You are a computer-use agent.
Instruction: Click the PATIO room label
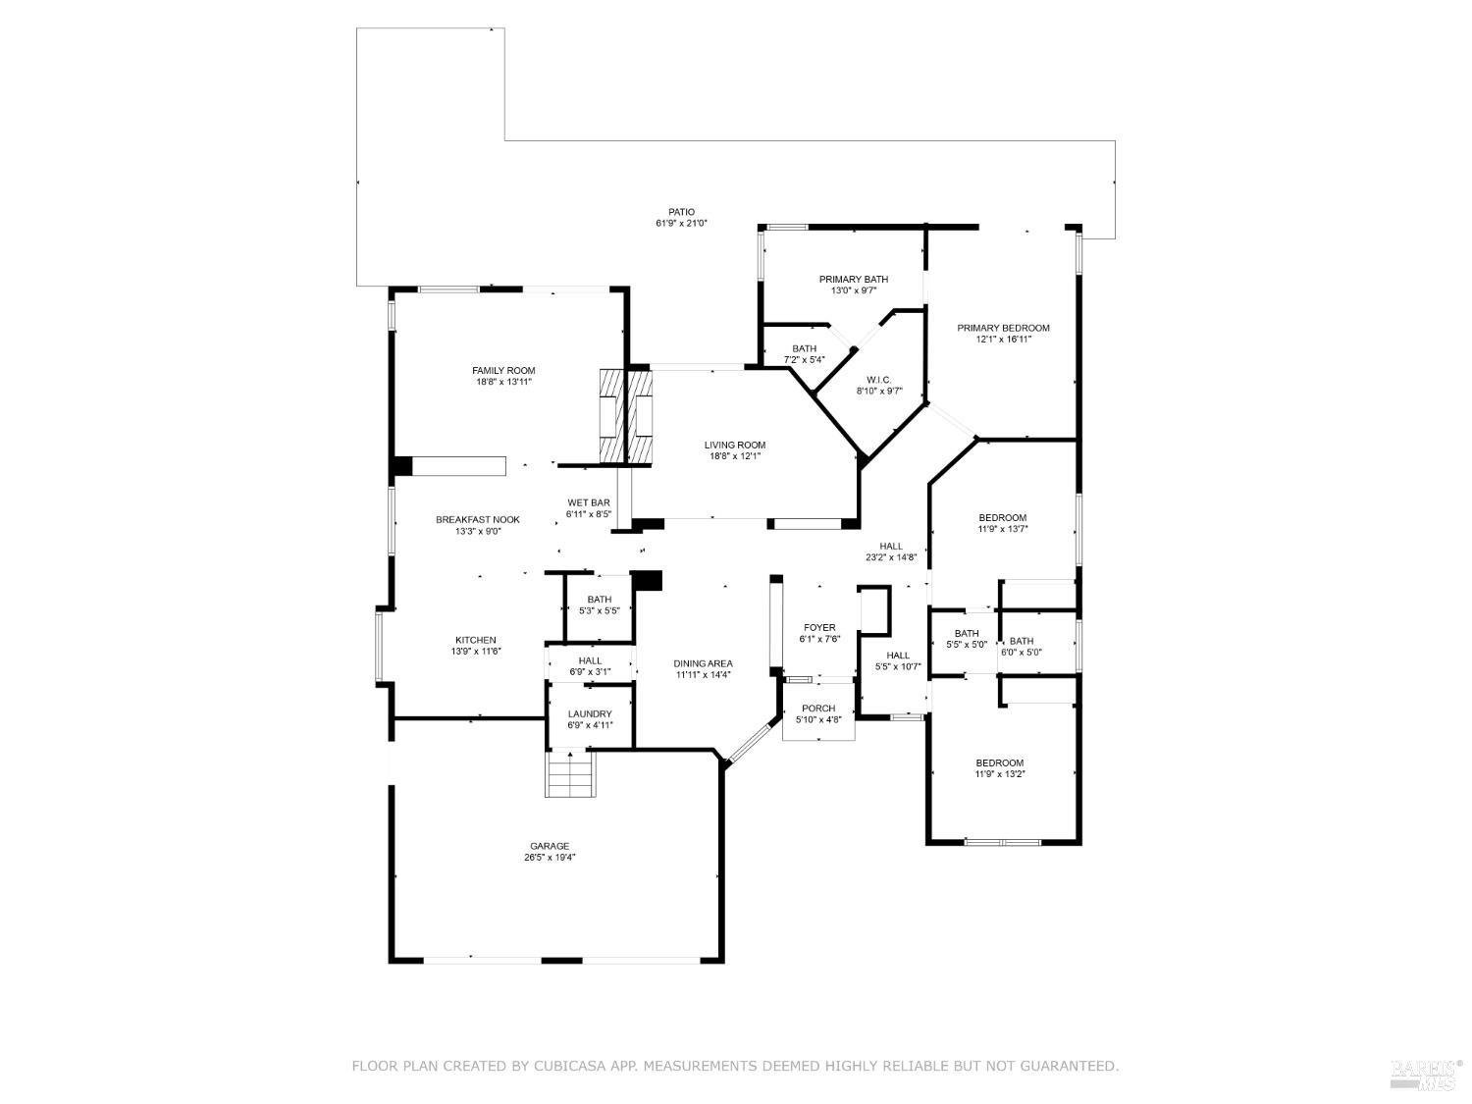(x=681, y=212)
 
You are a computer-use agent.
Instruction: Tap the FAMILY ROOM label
(x=503, y=371)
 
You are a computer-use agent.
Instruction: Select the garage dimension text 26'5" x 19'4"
(x=550, y=858)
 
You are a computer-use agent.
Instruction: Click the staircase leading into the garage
(x=570, y=774)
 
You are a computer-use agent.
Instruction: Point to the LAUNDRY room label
(x=590, y=714)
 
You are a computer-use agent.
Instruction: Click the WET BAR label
(x=589, y=503)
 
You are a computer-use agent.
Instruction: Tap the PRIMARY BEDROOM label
(x=1003, y=329)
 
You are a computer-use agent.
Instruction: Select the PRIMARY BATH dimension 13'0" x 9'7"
(x=854, y=290)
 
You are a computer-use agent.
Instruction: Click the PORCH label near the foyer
(x=818, y=709)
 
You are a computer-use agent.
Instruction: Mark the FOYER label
(x=819, y=628)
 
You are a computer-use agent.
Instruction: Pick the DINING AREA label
(x=703, y=664)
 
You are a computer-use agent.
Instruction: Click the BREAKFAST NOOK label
(x=478, y=520)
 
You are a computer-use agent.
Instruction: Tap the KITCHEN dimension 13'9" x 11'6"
(x=475, y=652)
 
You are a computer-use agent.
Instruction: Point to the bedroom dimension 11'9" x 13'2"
(x=999, y=774)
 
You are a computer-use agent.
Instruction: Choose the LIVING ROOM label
(x=734, y=446)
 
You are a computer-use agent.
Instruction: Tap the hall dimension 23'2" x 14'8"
(x=890, y=557)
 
